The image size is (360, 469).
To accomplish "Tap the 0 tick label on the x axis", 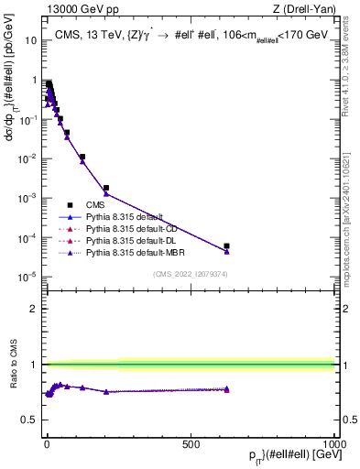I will click(46, 442).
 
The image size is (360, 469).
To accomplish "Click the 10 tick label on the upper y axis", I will click(31, 40).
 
